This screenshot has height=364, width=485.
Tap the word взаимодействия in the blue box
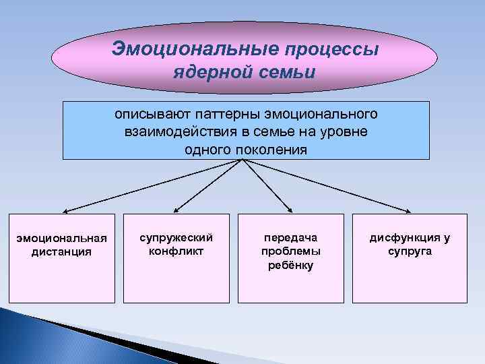172,131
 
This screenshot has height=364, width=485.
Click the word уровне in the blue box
344,131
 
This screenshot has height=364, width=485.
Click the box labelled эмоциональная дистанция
62,257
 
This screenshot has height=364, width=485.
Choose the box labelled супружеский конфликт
176,257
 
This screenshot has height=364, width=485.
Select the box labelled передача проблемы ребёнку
290,257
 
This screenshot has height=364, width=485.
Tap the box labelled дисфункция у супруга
410,257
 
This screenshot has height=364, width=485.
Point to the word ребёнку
290,265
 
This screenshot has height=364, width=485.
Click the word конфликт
176,251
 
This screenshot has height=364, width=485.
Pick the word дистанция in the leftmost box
62,252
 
